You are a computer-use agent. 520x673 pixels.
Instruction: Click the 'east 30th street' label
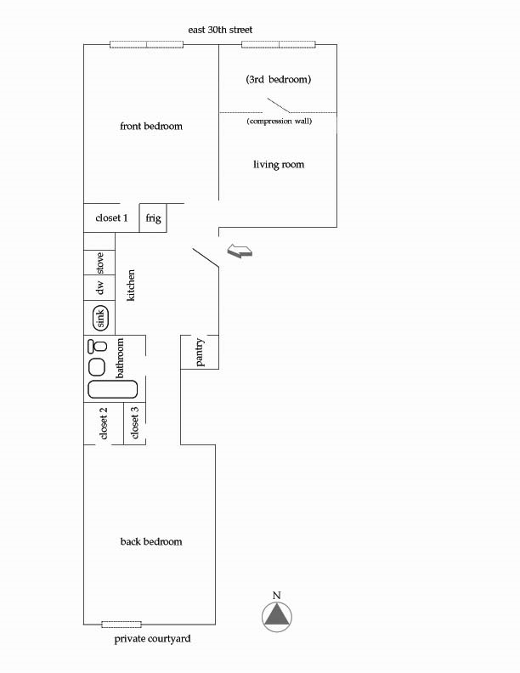point(220,30)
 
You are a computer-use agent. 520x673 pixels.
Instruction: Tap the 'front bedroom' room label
point(151,126)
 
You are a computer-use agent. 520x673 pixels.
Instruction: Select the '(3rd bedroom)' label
point(279,79)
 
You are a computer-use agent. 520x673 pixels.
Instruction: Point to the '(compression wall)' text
point(280,121)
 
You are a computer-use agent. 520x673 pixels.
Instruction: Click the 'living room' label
point(279,164)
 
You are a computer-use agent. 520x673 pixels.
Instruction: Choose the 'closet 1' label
point(111,218)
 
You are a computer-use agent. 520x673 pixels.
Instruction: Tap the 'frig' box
point(153,218)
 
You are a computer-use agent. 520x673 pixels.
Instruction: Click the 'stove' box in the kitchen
point(99,263)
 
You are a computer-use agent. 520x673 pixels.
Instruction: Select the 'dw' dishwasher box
point(99,287)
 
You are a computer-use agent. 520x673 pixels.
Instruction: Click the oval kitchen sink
point(100,318)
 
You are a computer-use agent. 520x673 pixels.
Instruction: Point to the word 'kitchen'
point(131,285)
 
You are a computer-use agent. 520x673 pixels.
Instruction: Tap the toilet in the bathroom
point(98,345)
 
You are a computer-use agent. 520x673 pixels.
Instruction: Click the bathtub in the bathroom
point(113,389)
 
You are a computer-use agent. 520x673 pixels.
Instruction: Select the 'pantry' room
point(200,352)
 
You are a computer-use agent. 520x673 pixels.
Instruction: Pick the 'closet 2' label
point(104,423)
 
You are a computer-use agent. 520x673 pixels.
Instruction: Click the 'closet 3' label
point(135,423)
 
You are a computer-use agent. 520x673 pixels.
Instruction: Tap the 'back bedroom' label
point(151,541)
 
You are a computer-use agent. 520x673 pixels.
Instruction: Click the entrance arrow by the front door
point(240,251)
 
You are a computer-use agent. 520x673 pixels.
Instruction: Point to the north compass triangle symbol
point(277,614)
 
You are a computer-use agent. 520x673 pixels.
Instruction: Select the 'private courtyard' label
point(152,639)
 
